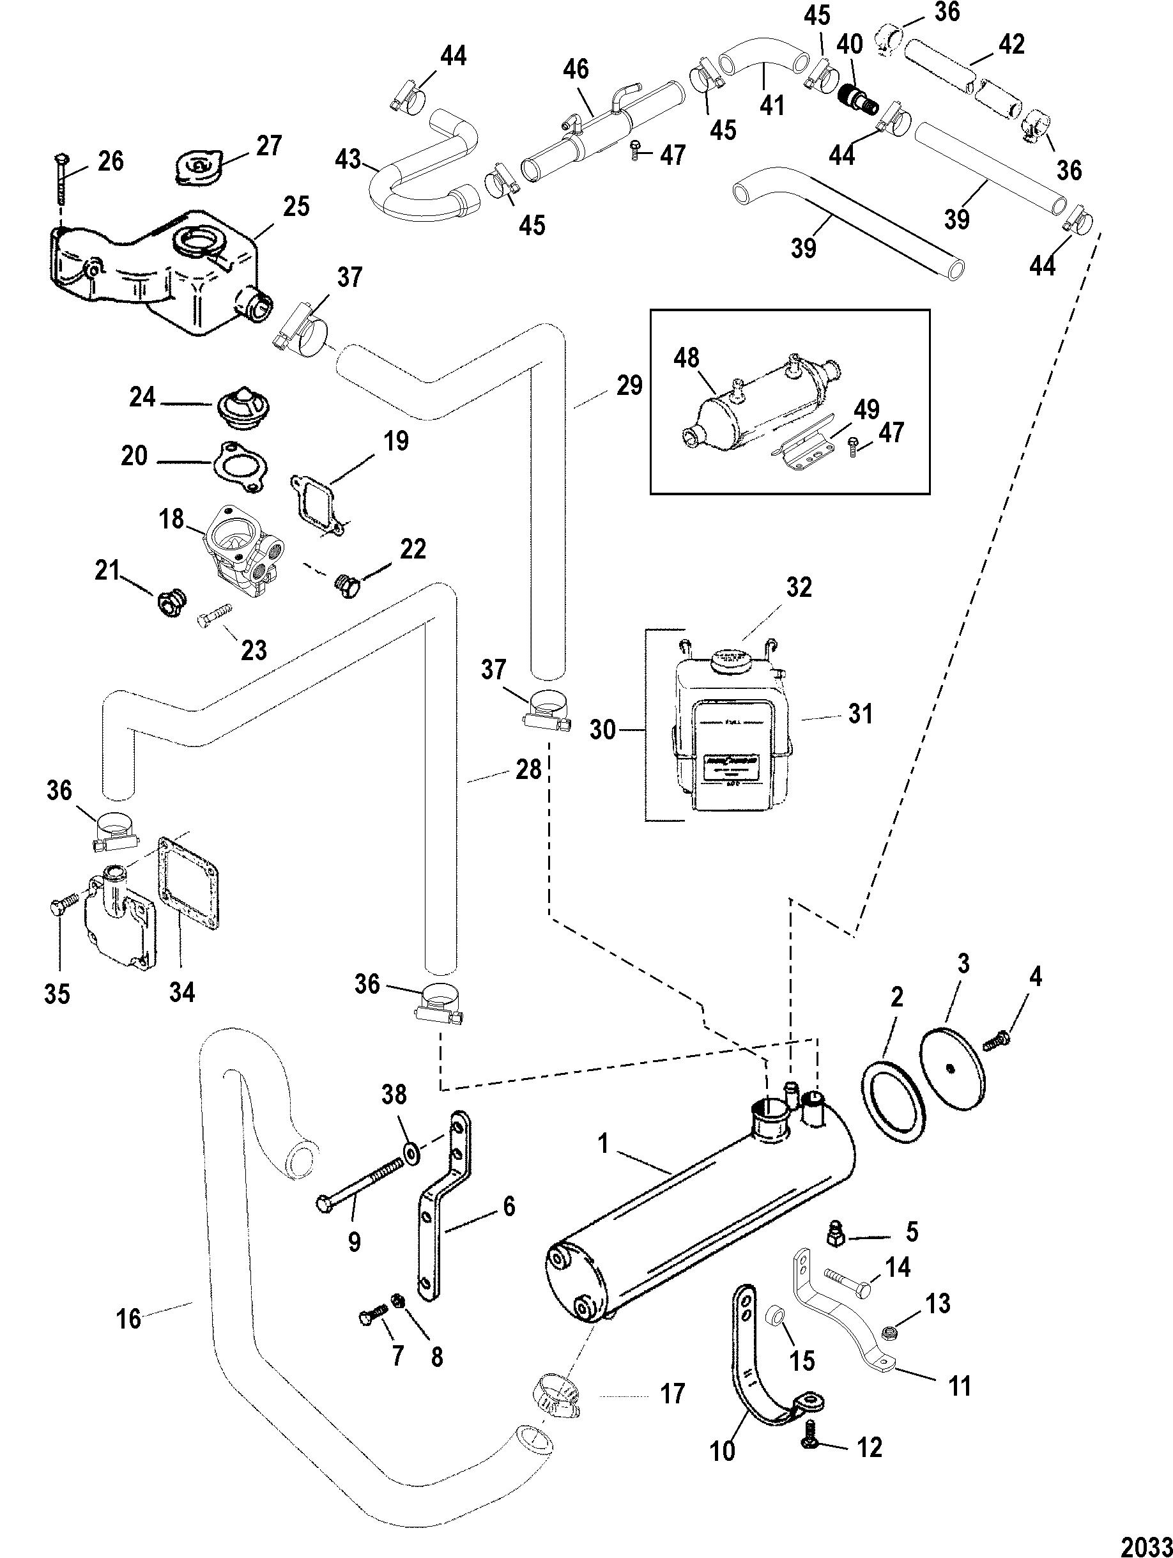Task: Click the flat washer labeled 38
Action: pos(413,1153)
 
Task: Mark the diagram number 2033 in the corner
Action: pos(1144,1544)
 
